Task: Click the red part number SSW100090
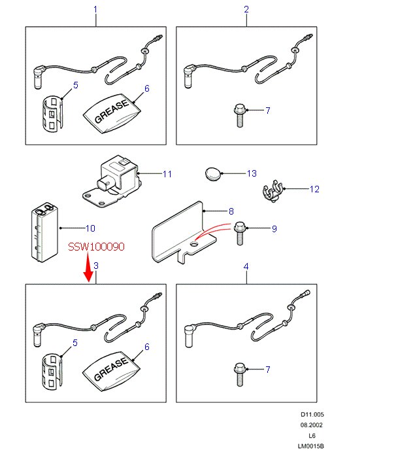coord(95,248)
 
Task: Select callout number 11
coord(167,174)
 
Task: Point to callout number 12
coord(314,190)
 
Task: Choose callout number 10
coord(90,228)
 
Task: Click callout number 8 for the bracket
coord(231,211)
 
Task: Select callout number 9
coord(274,228)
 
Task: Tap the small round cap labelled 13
coord(212,173)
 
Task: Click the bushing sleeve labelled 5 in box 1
coord(53,113)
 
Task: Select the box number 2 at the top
coord(246,9)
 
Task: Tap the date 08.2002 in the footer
coord(311,425)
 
